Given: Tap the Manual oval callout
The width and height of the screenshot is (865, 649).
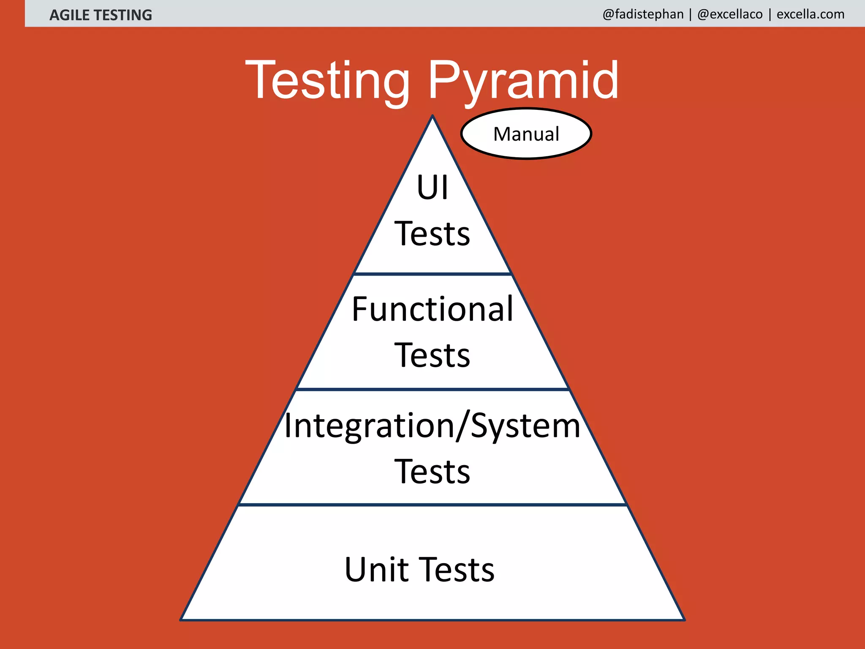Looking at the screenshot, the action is [526, 134].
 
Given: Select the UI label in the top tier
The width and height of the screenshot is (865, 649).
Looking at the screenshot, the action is [432, 188].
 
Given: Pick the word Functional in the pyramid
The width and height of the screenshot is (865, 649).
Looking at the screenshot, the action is [432, 309].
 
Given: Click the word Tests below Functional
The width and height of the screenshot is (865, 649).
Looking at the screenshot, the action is [432, 355].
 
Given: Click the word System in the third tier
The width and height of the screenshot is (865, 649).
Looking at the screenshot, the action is [525, 426].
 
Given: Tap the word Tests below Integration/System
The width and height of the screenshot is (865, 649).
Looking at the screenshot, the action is [432, 472].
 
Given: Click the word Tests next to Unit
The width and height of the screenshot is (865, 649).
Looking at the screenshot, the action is [458, 570].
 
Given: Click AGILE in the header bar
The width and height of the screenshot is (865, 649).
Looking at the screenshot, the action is [69, 15].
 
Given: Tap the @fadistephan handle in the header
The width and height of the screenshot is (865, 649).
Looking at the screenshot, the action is [643, 14].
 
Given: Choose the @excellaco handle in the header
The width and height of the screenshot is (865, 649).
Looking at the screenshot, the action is [730, 14].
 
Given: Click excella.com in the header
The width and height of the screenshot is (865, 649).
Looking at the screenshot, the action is [811, 14].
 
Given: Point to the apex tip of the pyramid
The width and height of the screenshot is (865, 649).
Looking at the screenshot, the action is [432, 116].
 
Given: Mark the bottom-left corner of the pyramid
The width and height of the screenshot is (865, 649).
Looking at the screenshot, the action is [181, 620].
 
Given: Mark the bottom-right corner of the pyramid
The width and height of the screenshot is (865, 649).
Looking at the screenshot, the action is [684, 620].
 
